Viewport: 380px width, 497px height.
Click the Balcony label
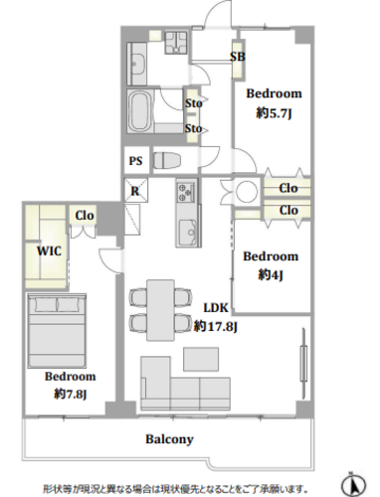(x=169, y=439)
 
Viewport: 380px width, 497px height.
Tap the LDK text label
(x=216, y=308)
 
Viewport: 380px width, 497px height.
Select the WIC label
(x=49, y=250)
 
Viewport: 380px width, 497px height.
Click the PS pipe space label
(x=135, y=161)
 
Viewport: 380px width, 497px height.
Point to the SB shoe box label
(x=238, y=57)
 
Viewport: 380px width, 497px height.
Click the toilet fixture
(x=167, y=161)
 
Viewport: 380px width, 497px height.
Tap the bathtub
(x=140, y=111)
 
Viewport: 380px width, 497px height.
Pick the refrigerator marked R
(x=135, y=191)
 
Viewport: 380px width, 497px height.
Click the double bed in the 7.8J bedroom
(x=57, y=331)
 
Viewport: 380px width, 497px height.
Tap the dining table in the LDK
(x=160, y=310)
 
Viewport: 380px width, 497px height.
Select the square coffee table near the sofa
(x=201, y=359)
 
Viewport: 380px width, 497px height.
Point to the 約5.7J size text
(x=274, y=113)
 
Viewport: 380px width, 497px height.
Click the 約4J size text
(x=271, y=274)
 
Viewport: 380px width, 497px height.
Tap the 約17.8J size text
(x=216, y=327)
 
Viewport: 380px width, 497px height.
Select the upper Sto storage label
(x=193, y=103)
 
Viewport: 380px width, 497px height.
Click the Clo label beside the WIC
(x=85, y=216)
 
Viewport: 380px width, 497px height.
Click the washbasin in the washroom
(x=136, y=64)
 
